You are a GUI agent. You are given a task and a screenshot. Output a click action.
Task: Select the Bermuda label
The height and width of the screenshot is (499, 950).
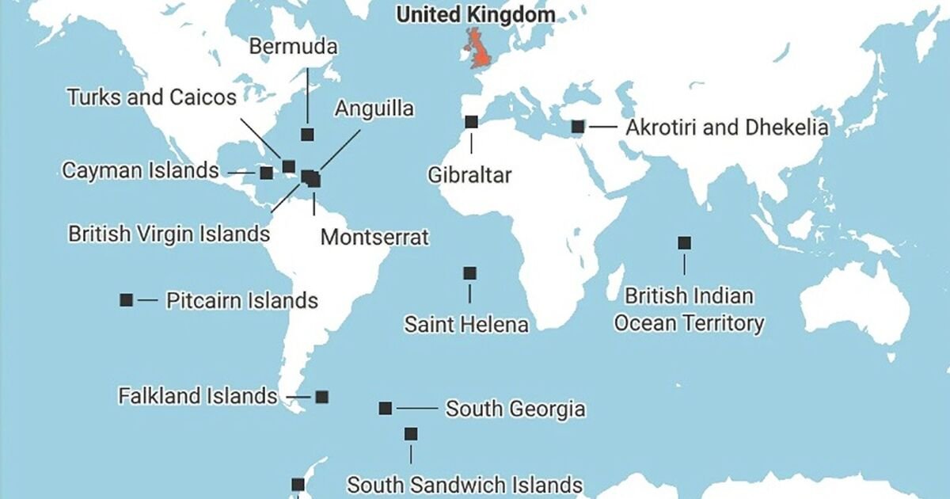click(293, 47)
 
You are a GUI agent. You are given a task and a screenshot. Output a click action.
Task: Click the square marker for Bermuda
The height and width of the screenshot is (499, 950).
click(307, 135)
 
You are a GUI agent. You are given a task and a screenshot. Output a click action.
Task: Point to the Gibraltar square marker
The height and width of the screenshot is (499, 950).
click(471, 122)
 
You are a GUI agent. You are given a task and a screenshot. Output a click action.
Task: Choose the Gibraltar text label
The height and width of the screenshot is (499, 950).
click(469, 174)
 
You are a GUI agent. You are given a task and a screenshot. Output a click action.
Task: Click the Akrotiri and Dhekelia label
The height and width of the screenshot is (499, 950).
click(727, 128)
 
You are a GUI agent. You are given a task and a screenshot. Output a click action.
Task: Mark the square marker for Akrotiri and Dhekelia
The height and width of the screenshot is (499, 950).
click(578, 126)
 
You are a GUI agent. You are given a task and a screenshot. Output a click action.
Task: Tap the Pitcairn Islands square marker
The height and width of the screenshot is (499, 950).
click(126, 299)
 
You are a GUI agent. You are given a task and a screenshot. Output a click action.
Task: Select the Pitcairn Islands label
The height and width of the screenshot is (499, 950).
click(241, 301)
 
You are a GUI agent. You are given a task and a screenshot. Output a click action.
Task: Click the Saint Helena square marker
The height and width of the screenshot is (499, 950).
click(469, 273)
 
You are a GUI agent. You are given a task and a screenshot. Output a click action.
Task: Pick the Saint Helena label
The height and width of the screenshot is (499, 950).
click(466, 324)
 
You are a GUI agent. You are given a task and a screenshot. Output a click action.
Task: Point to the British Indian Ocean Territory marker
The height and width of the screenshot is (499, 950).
click(684, 243)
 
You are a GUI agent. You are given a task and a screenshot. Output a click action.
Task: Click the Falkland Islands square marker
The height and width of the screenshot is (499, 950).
click(321, 397)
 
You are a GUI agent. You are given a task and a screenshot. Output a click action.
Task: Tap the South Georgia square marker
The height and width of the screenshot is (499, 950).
click(386, 409)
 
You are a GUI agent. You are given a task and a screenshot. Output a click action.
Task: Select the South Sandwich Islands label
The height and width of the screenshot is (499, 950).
click(465, 484)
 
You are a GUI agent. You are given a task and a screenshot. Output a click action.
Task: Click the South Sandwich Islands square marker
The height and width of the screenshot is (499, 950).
click(411, 434)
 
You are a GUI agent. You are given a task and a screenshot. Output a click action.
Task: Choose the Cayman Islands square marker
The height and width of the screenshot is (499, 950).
click(266, 172)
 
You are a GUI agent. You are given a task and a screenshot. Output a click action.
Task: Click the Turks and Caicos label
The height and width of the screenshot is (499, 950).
click(152, 97)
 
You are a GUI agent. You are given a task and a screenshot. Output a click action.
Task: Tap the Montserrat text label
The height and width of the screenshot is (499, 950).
click(374, 237)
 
